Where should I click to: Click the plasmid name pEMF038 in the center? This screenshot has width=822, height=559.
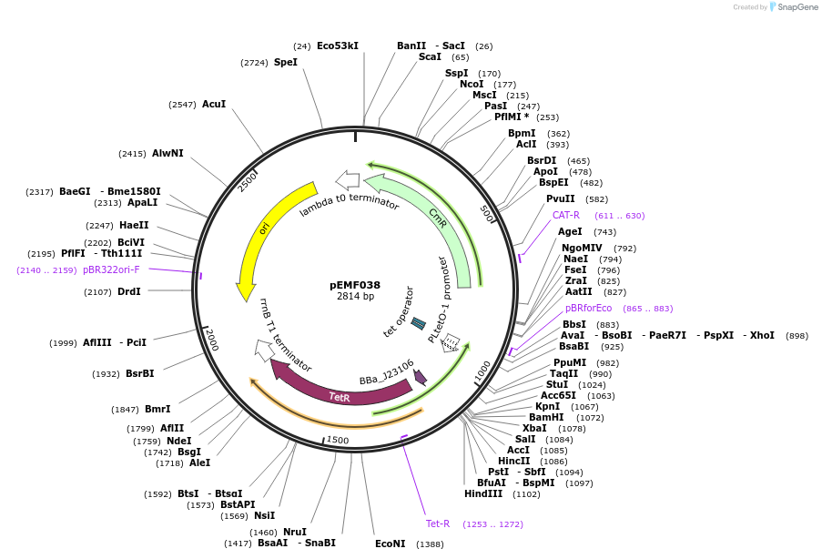coord(355,285)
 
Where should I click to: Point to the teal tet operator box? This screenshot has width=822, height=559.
coord(418,323)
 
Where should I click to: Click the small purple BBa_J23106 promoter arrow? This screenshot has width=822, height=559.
coord(420,376)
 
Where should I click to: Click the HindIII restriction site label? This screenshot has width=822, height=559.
coord(482,493)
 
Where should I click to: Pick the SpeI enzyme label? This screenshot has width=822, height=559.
coord(286,62)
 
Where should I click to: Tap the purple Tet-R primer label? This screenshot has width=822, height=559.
coord(438,523)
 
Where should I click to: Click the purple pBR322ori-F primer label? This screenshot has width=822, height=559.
coord(111,269)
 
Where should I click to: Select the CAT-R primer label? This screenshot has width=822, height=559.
coord(566,216)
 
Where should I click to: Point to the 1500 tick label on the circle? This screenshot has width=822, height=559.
coord(337,441)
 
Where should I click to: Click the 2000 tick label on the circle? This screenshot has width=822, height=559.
coord(211,340)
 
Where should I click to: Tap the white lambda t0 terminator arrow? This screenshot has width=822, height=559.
coord(347,179)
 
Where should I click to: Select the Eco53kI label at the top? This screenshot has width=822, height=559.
coord(338,46)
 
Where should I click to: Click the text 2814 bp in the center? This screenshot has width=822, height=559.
coord(355,297)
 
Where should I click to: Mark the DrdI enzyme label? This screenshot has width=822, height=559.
coord(129,291)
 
